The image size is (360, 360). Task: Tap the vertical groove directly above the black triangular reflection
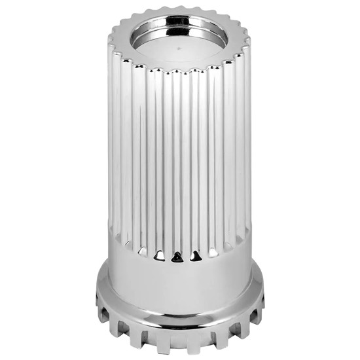175,164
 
